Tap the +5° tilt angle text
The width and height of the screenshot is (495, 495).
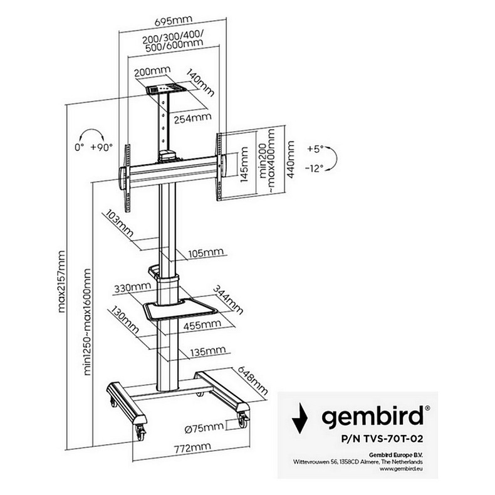(315, 150)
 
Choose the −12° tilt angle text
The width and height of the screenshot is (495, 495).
(316, 168)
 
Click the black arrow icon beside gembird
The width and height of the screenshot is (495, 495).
(304, 416)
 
